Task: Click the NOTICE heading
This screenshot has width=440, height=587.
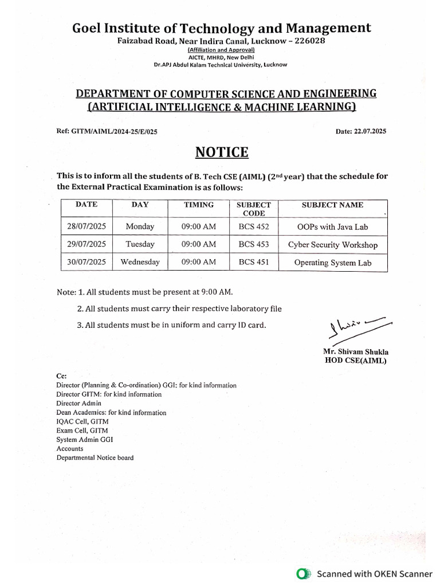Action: pos(222,152)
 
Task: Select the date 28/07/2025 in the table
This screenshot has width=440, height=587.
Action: pos(87,226)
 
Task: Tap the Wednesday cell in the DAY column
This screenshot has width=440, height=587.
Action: pos(140,262)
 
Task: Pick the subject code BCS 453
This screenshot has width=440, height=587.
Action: pos(254,244)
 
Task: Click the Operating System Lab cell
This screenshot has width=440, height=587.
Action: pos(332,263)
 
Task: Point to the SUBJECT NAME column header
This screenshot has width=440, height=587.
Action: pos(332,205)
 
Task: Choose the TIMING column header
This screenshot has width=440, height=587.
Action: pos(198,205)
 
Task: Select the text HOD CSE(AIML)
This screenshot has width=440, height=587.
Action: pos(355,361)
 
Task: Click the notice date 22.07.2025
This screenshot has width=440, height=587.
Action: pos(370,131)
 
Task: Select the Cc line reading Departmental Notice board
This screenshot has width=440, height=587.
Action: pos(95,457)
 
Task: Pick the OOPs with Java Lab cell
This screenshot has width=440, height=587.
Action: pos(332,226)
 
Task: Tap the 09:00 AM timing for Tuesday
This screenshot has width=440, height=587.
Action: pos(198,244)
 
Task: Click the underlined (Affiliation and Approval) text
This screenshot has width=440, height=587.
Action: pos(221,50)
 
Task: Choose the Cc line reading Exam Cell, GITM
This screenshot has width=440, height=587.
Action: pos(81,430)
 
